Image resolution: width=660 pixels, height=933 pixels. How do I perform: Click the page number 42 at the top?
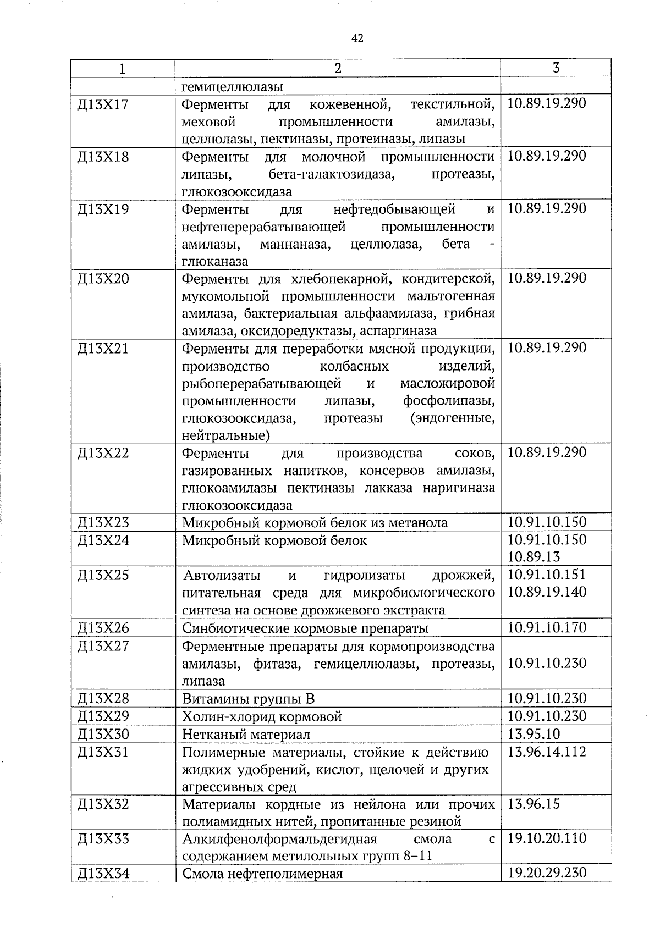[357, 38]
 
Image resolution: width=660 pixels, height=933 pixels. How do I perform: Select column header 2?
[338, 68]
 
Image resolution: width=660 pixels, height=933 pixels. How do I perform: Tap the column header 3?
[556, 68]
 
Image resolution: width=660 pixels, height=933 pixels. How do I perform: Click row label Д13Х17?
[103, 104]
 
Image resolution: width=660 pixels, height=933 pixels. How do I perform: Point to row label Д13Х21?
[103, 348]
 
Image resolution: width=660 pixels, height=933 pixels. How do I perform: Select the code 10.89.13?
[533, 556]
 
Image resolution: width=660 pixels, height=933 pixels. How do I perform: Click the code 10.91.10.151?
[547, 575]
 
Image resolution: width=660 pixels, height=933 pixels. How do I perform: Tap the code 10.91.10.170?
[547, 627]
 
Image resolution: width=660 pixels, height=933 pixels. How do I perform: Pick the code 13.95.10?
[533, 733]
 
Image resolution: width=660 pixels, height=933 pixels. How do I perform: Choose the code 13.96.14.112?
[547, 752]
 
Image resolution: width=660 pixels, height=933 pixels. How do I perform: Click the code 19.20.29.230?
[547, 873]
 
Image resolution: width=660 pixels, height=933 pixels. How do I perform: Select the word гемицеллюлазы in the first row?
[233, 87]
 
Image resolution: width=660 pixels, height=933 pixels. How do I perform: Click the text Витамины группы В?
[248, 699]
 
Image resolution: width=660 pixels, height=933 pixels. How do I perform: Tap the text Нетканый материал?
[246, 735]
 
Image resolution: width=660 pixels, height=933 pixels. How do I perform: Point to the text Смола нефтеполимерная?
[262, 874]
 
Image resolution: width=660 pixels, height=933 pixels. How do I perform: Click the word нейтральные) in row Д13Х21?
[226, 436]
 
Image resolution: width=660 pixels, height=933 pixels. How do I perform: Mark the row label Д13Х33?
[103, 839]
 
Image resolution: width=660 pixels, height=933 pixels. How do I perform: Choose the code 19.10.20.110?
[547, 838]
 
